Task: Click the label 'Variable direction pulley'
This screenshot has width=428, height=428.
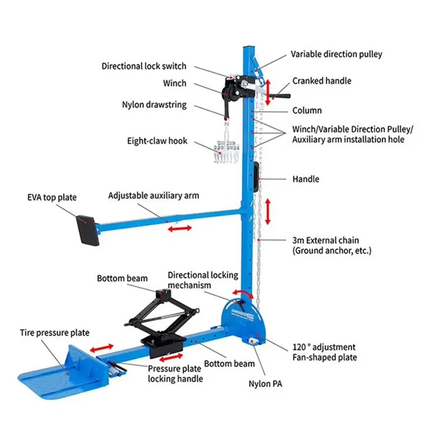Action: pyautogui.click(x=337, y=54)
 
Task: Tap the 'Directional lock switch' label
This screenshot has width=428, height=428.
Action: pyautogui.click(x=144, y=66)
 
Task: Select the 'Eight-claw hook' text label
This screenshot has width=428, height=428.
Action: pyautogui.click(x=157, y=141)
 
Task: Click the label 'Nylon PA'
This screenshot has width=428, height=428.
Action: pyautogui.click(x=263, y=384)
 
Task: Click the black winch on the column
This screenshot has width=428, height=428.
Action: pyautogui.click(x=234, y=89)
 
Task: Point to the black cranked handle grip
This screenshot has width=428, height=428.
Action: pyautogui.click(x=282, y=97)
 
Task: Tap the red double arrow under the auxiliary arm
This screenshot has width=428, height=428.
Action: pyautogui.click(x=180, y=228)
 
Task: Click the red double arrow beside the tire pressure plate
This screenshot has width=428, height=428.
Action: pyautogui.click(x=101, y=349)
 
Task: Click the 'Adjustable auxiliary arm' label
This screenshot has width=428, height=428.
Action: pyautogui.click(x=154, y=196)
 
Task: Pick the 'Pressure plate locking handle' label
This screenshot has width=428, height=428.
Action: pyautogui.click(x=175, y=373)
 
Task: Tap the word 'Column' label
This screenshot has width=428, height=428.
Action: pyautogui.click(x=307, y=111)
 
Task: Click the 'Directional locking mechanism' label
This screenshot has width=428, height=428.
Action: pyautogui.click(x=203, y=280)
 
